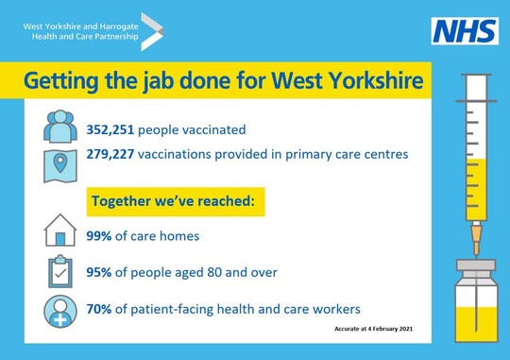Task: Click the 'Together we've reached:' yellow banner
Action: point(176,201)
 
